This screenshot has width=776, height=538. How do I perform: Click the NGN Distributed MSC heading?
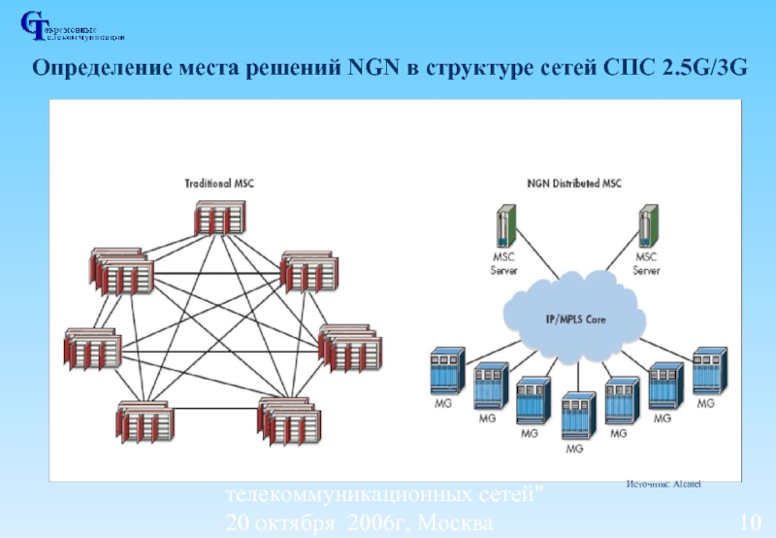(574, 183)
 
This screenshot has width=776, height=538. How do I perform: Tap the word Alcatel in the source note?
(684, 484)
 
